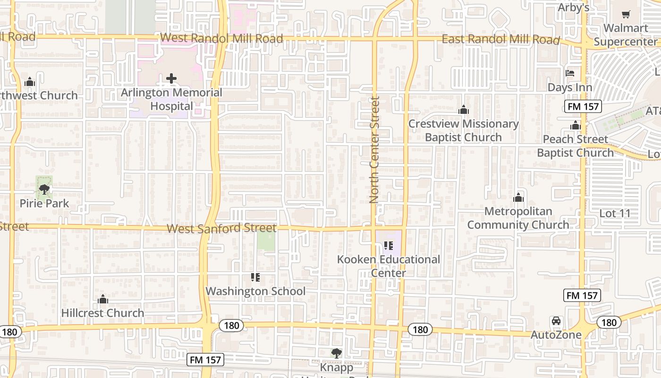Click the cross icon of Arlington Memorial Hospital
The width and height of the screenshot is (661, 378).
[171, 78]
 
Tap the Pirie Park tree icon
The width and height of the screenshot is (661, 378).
[44, 190]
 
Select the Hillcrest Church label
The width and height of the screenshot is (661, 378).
[102, 313]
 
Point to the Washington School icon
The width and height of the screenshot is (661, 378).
[255, 277]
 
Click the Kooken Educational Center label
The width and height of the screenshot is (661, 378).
[389, 266]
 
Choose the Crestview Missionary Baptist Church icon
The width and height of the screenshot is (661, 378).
[463, 110]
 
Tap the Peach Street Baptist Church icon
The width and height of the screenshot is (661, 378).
[575, 126]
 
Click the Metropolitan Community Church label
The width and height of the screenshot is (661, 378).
[518, 218]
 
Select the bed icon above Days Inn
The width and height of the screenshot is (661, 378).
[570, 73]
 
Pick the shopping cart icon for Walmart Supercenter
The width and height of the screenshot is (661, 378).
[626, 15]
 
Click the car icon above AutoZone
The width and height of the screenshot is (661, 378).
[556, 321]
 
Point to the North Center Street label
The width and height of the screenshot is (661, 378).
[375, 150]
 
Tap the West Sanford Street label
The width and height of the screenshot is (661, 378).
[221, 229]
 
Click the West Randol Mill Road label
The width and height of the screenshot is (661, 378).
[221, 38]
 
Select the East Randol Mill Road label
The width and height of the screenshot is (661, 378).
[500, 40]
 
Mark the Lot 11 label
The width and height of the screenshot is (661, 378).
[615, 214]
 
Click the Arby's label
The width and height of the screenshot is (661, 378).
[573, 8]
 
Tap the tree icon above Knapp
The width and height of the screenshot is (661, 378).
[336, 352]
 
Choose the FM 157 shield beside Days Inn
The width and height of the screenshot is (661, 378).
[584, 106]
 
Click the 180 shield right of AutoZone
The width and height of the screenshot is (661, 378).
[609, 322]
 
